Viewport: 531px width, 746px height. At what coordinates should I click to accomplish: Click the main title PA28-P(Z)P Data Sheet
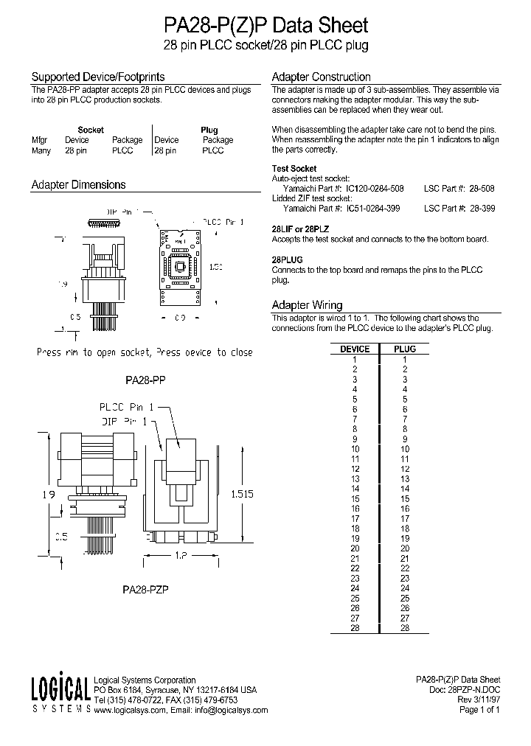click(265, 26)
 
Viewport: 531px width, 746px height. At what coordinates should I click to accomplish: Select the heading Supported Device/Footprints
click(97, 77)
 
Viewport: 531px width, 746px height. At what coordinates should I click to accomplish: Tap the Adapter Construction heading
click(321, 77)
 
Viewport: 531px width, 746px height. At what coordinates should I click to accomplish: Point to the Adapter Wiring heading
click(307, 304)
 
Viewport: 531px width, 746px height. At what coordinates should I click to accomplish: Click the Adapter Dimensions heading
click(78, 185)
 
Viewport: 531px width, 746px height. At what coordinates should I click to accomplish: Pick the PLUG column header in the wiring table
click(405, 349)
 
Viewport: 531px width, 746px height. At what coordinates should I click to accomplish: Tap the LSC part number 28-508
click(482, 189)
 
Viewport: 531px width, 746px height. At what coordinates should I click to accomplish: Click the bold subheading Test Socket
click(294, 169)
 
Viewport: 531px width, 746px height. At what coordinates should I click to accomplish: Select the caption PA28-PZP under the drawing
click(145, 590)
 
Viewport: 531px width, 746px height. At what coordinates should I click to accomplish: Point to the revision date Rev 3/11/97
click(479, 700)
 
